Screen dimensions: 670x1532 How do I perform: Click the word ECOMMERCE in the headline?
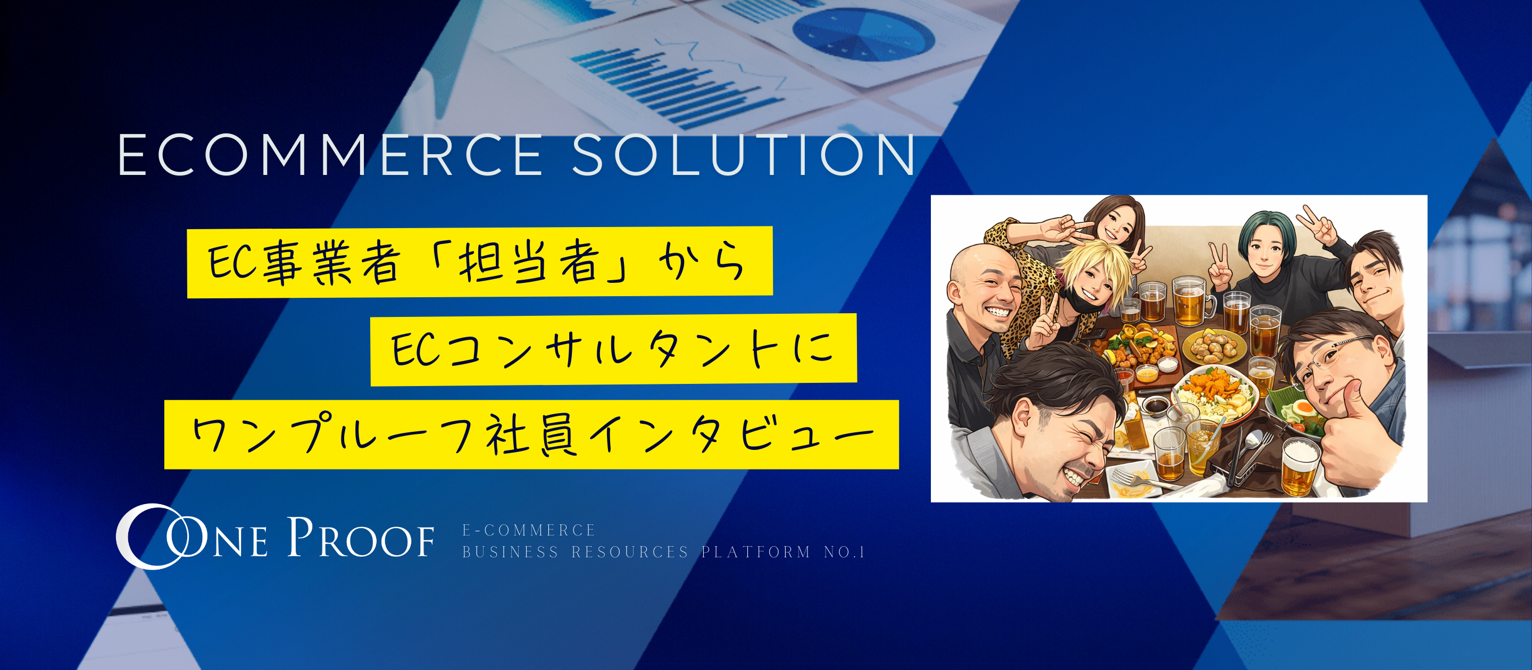tap(330, 156)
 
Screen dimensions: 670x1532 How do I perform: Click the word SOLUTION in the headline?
tap(744, 156)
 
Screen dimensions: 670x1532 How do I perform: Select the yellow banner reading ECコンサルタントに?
tap(613, 349)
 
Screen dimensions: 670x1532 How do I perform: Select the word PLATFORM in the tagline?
tap(756, 552)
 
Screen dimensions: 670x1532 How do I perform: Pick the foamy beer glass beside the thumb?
tap(1300, 467)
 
